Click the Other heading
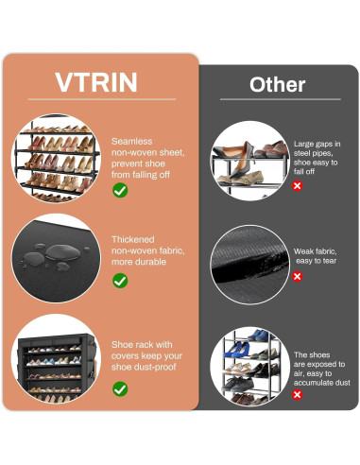point(277,84)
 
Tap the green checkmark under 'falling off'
point(120,190)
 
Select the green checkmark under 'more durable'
point(120,280)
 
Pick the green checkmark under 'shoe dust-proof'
point(120,387)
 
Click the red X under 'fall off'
point(298,186)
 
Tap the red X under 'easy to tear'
point(298,276)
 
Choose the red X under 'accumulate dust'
point(298,393)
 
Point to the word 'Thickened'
point(132,240)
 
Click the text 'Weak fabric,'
point(315,250)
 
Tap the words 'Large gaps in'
point(316,144)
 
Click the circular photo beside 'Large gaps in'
point(249,158)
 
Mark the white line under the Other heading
point(277,99)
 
